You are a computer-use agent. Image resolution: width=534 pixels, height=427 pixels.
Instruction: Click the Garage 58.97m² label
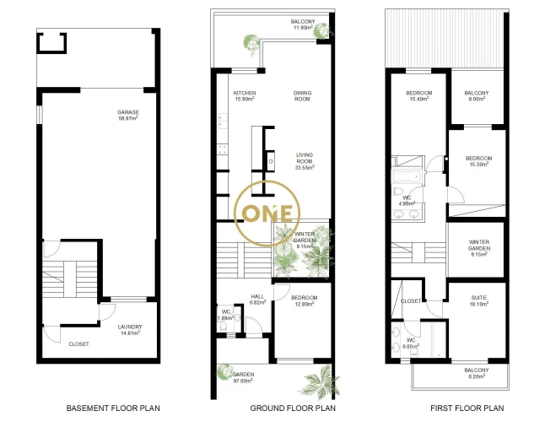click(128, 115)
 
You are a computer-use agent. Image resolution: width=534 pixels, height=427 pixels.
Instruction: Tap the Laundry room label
click(130, 330)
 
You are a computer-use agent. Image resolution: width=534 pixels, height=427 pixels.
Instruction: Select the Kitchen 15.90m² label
click(245, 95)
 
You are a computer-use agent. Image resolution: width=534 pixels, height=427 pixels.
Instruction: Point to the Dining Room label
click(302, 95)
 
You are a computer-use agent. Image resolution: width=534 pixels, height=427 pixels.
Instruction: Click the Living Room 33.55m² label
click(305, 161)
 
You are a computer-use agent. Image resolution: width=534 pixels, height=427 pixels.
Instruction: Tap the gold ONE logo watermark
click(267, 213)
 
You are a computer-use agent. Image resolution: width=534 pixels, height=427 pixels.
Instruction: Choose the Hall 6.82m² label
click(257, 300)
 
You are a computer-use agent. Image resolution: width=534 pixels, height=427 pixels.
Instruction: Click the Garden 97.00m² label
click(243, 377)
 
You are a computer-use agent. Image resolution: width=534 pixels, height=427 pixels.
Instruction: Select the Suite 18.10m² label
click(479, 300)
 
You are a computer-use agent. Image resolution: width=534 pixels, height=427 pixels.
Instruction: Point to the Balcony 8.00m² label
click(477, 95)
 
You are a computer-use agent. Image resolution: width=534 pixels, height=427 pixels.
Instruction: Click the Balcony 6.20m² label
click(477, 373)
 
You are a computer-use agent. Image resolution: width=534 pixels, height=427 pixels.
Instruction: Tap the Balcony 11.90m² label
click(303, 24)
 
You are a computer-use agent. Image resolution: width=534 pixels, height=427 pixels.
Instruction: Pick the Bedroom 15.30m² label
click(479, 161)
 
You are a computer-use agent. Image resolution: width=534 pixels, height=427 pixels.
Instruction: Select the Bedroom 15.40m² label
click(419, 95)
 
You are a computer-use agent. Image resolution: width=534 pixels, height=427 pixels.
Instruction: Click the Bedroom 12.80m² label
click(305, 301)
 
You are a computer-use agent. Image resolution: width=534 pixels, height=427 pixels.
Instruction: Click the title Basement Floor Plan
click(113, 408)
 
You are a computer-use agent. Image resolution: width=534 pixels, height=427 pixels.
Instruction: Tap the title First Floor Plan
click(467, 408)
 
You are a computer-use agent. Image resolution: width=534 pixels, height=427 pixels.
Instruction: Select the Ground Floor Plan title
click(293, 408)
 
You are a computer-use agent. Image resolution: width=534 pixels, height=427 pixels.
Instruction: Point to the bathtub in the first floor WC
click(407, 176)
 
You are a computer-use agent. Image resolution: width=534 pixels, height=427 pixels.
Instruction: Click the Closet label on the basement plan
click(78, 344)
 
